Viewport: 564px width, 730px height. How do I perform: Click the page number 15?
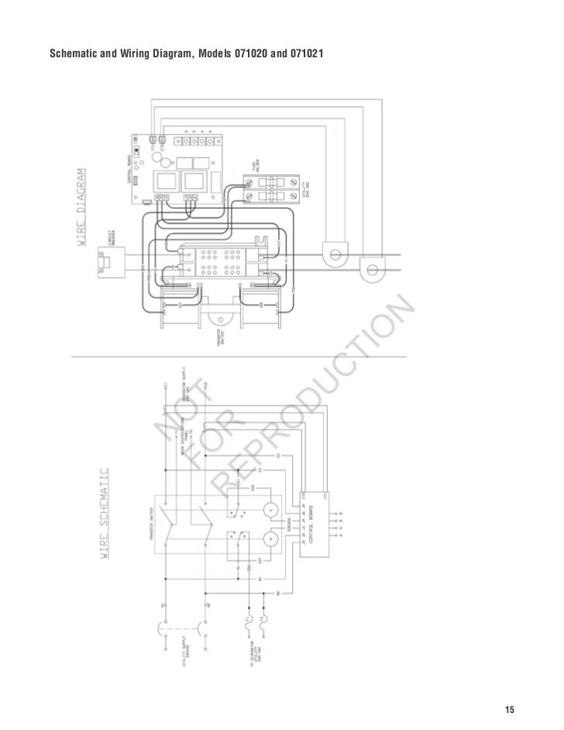coord(509,711)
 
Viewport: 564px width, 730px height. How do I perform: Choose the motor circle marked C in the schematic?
coord(271,509)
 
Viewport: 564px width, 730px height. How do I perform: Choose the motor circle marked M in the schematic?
coord(271,539)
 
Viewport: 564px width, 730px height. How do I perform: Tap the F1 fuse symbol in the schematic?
coord(249,620)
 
